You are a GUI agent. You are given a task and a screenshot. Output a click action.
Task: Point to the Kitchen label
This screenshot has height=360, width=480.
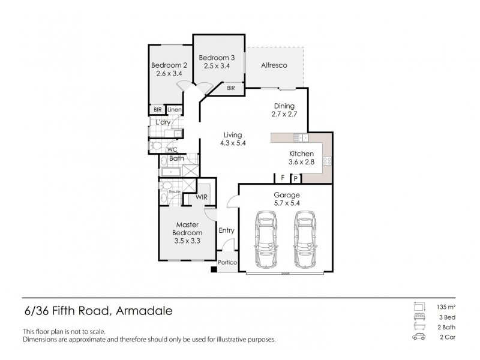(302, 154)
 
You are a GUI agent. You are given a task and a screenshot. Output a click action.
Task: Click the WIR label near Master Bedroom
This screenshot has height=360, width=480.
(202, 197)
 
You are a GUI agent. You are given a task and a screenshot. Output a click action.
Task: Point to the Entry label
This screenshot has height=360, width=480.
(227, 230)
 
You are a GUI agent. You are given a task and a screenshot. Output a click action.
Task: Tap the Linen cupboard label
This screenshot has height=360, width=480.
(174, 110)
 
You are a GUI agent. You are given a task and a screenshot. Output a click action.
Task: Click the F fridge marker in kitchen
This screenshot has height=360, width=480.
(281, 178)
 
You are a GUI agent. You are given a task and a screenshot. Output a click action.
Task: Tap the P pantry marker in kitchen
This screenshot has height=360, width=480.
(295, 178)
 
